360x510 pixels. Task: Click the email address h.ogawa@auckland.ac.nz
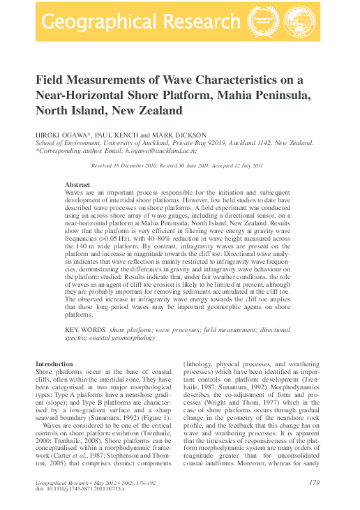pyautogui.click(x=163, y=150)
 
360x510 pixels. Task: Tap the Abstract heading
pyautogui.click(x=77, y=184)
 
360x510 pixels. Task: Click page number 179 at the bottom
pyautogui.click(x=314, y=482)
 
